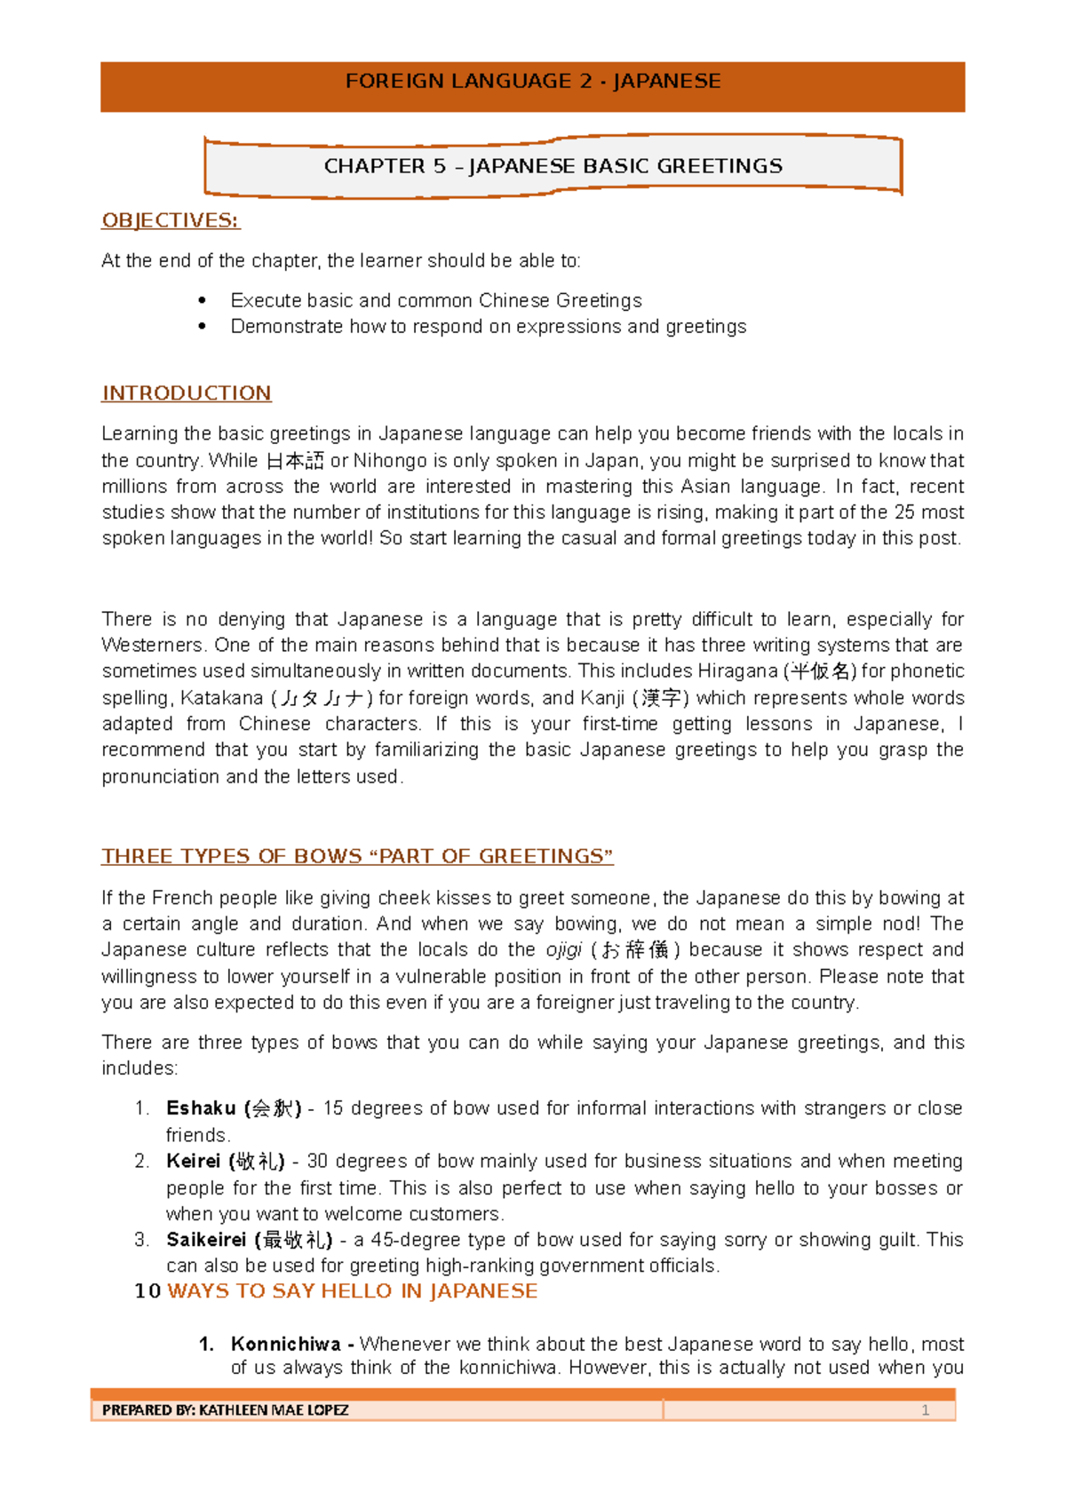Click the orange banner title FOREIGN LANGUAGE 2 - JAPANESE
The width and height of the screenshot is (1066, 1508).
click(532, 82)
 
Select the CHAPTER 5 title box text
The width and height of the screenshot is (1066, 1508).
click(553, 166)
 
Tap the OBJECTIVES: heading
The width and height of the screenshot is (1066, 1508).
click(171, 220)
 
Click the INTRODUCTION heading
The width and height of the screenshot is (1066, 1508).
click(187, 393)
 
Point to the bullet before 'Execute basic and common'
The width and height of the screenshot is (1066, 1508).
click(203, 301)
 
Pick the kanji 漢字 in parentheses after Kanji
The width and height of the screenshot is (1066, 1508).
click(663, 698)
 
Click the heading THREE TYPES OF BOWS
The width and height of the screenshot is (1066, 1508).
click(357, 856)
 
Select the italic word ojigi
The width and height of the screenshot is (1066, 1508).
click(563, 950)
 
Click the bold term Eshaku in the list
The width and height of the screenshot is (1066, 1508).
click(201, 1108)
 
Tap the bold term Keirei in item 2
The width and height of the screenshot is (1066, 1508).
click(193, 1162)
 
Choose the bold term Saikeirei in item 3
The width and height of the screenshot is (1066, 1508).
click(206, 1240)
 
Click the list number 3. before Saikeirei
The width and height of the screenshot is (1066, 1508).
click(142, 1240)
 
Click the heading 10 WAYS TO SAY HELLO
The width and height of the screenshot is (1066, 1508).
click(336, 1291)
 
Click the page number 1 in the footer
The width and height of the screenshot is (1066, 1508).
click(925, 1410)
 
